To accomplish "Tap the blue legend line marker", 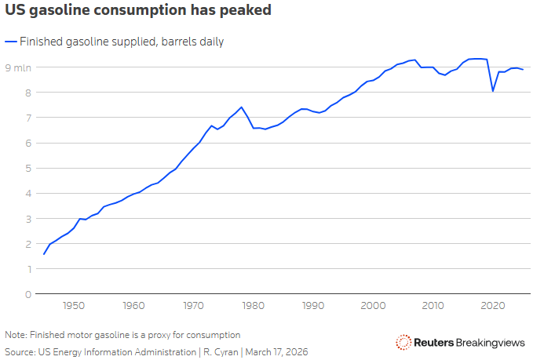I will [x=10, y=42].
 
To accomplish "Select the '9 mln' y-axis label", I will [x=19, y=67].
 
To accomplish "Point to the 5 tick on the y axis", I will [x=27, y=168].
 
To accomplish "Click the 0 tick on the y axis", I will [x=27, y=294].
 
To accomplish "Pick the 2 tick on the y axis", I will [x=27, y=244].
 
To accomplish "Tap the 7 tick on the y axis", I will [x=27, y=118].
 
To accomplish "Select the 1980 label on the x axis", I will [x=254, y=305].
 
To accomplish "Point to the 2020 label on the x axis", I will [x=493, y=305].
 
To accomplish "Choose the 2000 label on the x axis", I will [x=373, y=305].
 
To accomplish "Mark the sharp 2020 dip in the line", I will [x=493, y=91].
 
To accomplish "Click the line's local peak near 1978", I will [x=241, y=107].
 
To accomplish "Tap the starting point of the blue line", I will [x=44, y=254].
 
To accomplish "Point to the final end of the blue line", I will [x=523, y=70].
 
